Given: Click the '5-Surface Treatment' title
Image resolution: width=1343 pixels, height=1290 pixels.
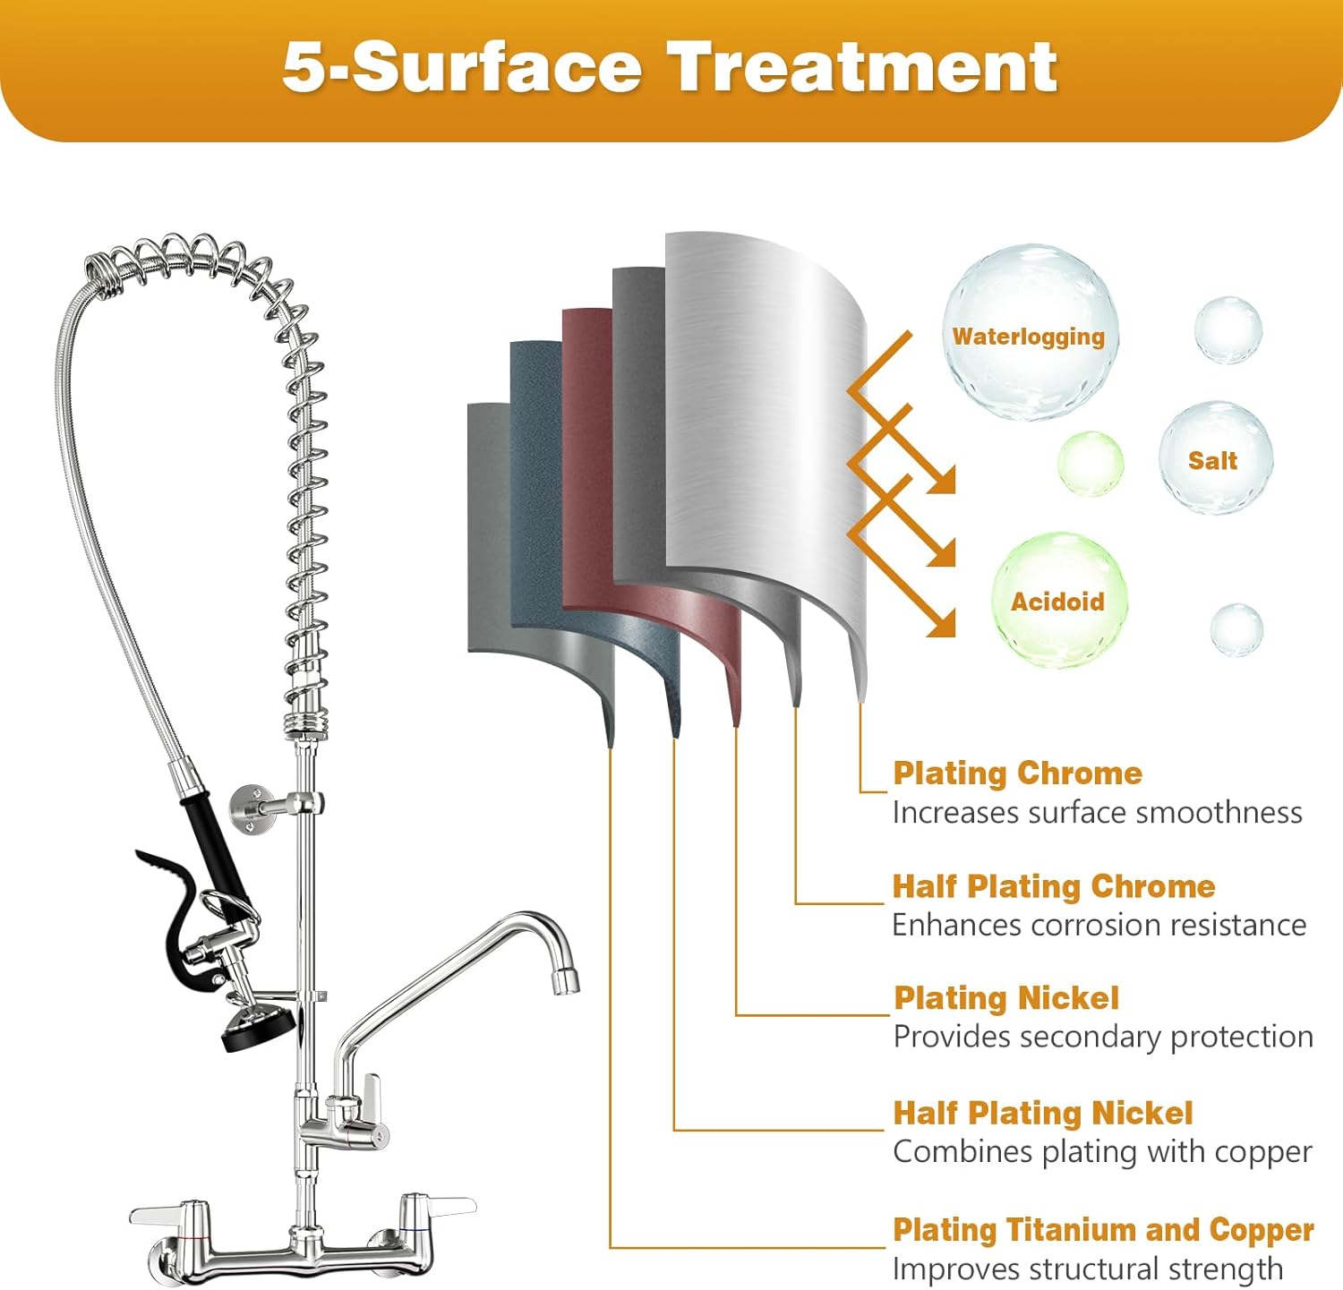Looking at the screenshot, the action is tap(670, 68).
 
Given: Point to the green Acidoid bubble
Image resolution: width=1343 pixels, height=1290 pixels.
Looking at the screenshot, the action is tap(1057, 601).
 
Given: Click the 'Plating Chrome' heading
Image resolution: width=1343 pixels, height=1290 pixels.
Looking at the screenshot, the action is tap(1017, 773).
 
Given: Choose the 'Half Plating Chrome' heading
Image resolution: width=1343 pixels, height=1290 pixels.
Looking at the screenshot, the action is tap(1053, 886).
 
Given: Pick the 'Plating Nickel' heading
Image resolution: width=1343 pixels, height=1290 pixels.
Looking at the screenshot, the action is tap(1006, 998).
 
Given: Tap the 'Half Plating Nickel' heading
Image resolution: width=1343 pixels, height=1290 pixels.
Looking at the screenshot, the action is tap(1042, 1113).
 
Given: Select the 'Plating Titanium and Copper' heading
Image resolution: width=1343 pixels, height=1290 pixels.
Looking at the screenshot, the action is tap(1103, 1230).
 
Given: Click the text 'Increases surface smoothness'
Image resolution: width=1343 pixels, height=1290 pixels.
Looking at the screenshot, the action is tap(1097, 813).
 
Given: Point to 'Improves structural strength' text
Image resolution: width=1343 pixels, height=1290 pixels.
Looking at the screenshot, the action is tap(1087, 1269).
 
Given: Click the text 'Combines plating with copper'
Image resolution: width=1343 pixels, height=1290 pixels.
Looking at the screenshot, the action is tap(1102, 1152).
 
